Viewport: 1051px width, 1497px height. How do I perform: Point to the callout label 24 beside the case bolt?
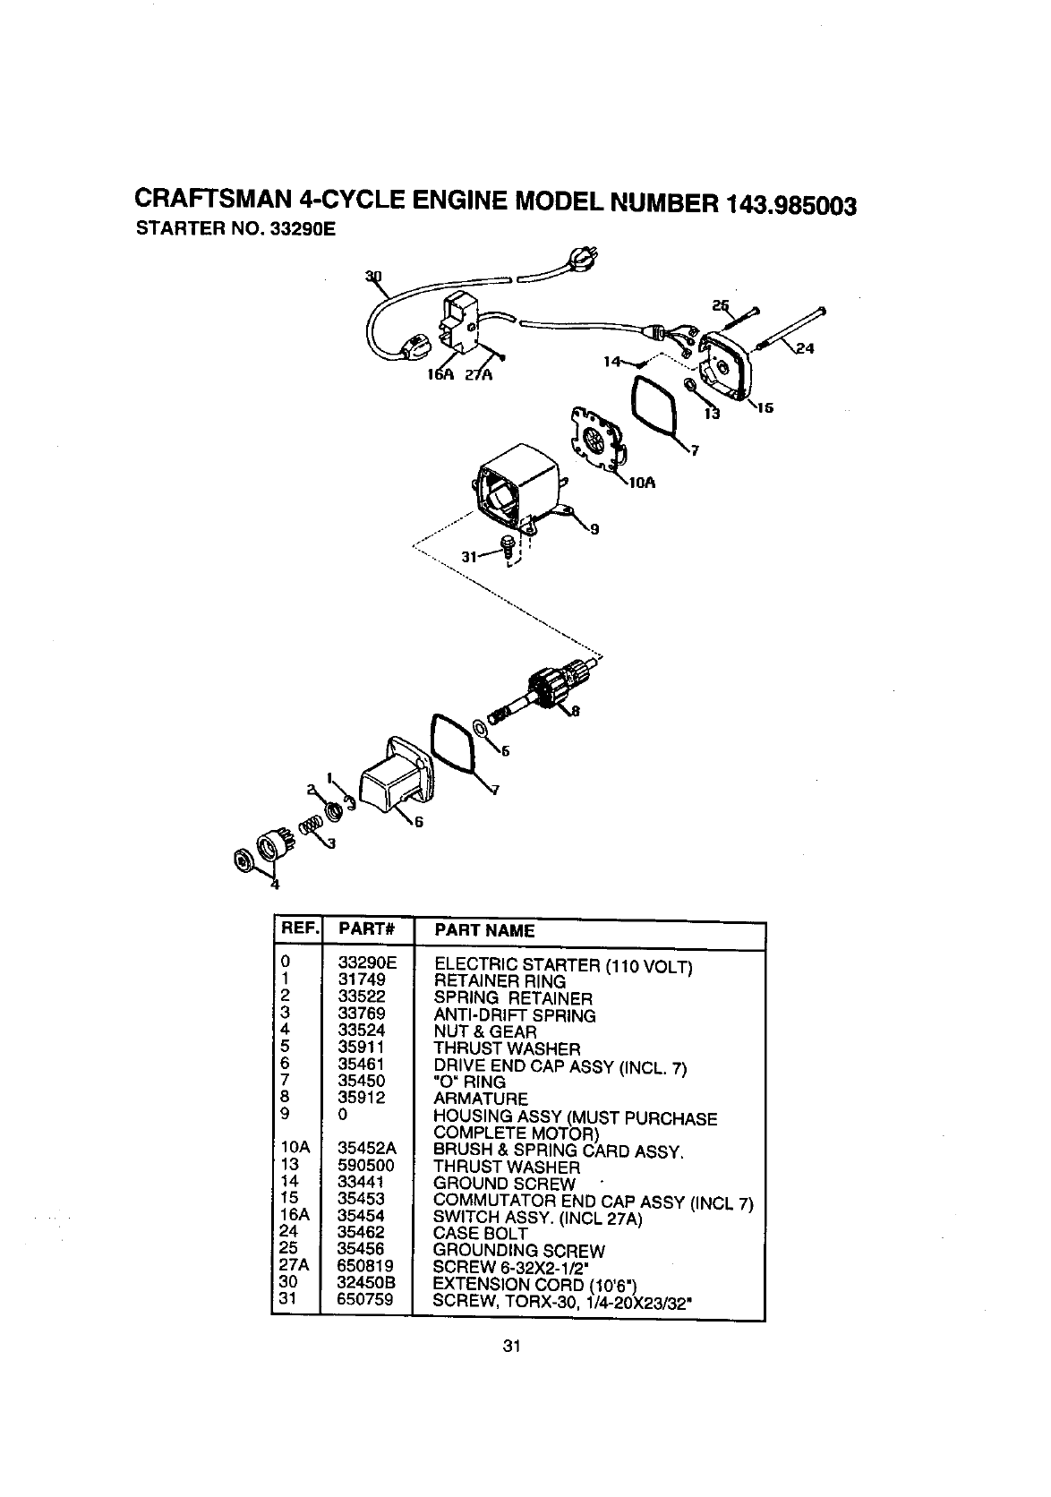tap(805, 348)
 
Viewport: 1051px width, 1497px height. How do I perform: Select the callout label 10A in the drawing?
tap(643, 483)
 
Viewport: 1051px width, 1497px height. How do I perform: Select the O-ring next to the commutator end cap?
tap(654, 404)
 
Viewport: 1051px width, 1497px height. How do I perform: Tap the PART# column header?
tap(362, 931)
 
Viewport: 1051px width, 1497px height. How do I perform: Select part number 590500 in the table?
tap(366, 1167)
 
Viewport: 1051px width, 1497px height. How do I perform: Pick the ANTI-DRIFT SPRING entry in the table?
tap(514, 1015)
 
